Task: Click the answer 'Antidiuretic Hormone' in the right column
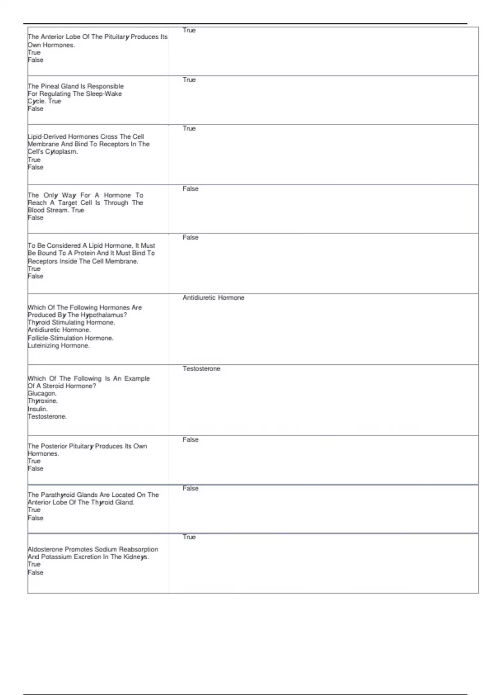click(x=213, y=298)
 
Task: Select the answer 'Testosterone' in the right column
click(x=201, y=369)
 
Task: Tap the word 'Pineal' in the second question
click(x=50, y=86)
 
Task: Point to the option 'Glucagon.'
click(x=42, y=393)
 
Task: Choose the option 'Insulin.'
click(x=38, y=409)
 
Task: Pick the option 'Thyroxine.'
click(x=43, y=401)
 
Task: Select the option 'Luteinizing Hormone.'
click(x=59, y=345)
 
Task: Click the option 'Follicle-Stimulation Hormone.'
click(x=70, y=338)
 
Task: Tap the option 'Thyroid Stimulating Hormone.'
click(x=71, y=323)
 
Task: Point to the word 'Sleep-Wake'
click(x=104, y=94)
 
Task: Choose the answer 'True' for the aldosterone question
click(x=189, y=537)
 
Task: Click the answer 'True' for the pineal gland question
click(x=189, y=80)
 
